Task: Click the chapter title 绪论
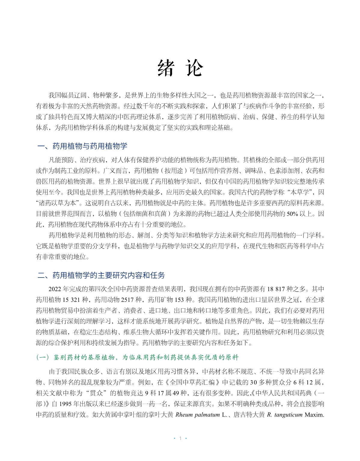[180, 68]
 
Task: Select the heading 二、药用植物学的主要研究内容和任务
[101, 275]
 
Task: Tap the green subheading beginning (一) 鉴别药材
[137, 357]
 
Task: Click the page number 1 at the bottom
[180, 438]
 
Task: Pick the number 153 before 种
[179, 300]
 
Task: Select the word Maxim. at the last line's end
[315, 415]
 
